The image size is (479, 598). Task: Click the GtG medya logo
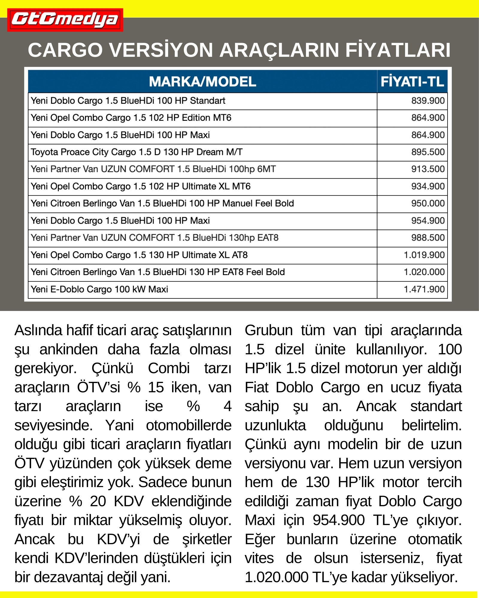65,20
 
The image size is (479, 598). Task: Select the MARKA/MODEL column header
202,82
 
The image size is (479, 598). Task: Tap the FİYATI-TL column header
412,82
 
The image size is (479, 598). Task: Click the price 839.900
428,101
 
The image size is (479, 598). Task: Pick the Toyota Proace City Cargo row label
137,152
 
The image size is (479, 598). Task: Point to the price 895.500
428,152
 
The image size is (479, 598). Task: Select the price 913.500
428,169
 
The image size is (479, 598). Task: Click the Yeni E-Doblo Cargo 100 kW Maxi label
99,289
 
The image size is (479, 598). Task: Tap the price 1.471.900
424,289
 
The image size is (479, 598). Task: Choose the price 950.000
428,204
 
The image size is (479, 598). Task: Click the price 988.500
428,238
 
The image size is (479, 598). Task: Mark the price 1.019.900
424,255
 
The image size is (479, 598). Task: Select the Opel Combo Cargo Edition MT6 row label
131,118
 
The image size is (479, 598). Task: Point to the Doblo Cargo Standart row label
128,101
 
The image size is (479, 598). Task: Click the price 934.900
428,187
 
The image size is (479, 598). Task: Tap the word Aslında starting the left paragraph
38,331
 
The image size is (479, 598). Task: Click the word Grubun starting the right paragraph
269,331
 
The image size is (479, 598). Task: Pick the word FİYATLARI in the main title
398,50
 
